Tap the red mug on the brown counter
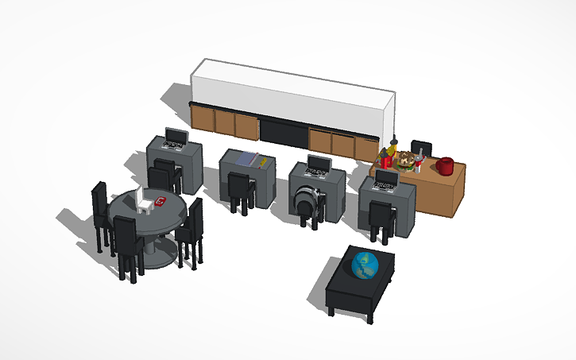446,166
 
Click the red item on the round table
160,202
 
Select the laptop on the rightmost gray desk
386,181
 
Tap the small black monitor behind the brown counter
421,149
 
